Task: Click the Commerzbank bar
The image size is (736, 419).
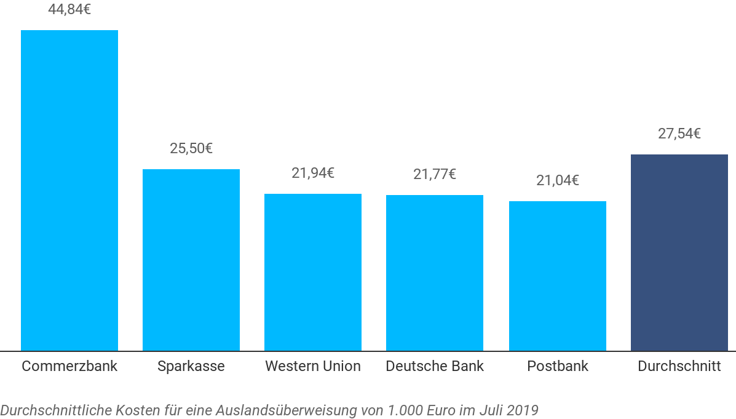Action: click(69, 191)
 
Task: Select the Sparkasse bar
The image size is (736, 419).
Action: click(191, 260)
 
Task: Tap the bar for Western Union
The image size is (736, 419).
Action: click(313, 273)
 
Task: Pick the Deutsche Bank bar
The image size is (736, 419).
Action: click(435, 273)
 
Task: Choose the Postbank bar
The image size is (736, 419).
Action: click(558, 276)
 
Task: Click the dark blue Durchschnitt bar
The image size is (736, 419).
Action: click(679, 253)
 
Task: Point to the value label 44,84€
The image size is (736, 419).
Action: click(69, 9)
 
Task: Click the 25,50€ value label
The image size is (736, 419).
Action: click(191, 148)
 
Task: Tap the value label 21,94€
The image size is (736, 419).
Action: click(313, 173)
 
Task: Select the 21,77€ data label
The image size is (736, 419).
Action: click(435, 174)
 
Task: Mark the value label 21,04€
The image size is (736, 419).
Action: click(558, 180)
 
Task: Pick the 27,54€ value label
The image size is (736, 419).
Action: click(679, 134)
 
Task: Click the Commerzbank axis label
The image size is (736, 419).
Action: click(69, 366)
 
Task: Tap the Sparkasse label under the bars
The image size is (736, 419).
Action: click(191, 366)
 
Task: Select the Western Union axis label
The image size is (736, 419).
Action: click(313, 366)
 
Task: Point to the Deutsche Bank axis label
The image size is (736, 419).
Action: click(435, 366)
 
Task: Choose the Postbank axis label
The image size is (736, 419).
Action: click(558, 366)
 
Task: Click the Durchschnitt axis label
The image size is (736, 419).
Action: click(679, 366)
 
